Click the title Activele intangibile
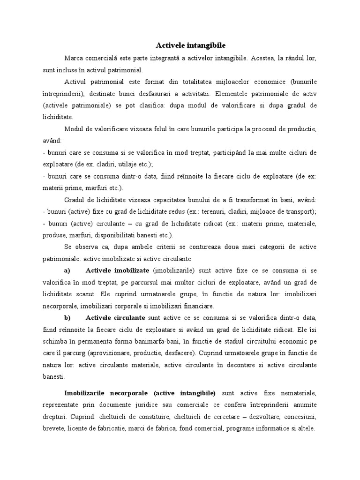[190, 45]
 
